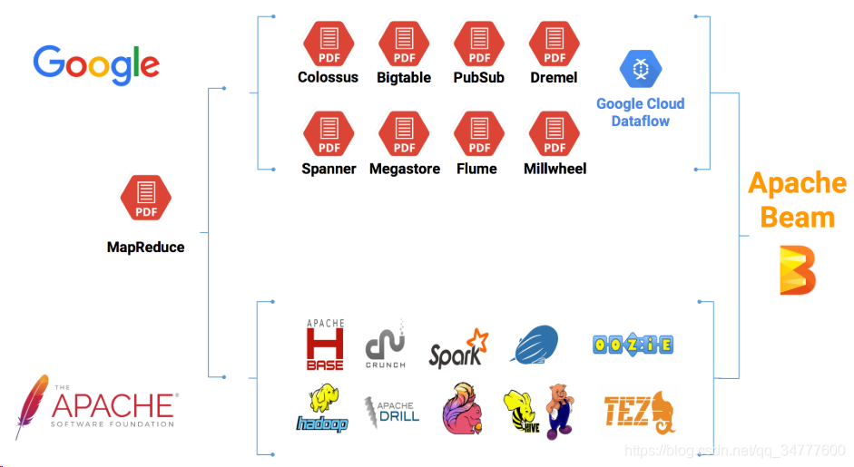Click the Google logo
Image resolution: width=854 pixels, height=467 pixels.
[x=96, y=64]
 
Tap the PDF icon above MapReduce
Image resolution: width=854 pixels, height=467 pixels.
[x=146, y=199]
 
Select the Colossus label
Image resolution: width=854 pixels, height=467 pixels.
[x=328, y=78]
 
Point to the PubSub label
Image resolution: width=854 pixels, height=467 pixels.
[x=478, y=78]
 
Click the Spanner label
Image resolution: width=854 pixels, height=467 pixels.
[x=329, y=169]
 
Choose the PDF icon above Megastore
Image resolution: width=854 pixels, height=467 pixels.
[x=404, y=133]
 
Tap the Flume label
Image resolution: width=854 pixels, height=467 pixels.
[x=476, y=169]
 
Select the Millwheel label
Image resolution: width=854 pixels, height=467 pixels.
[x=555, y=169]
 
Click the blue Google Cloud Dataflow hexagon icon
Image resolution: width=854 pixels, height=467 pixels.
[x=641, y=69]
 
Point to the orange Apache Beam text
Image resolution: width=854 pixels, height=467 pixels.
[x=797, y=200]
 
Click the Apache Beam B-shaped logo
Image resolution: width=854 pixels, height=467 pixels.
[x=798, y=268]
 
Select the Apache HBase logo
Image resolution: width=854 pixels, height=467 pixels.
[x=325, y=345]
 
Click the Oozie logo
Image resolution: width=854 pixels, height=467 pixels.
[x=633, y=345]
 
